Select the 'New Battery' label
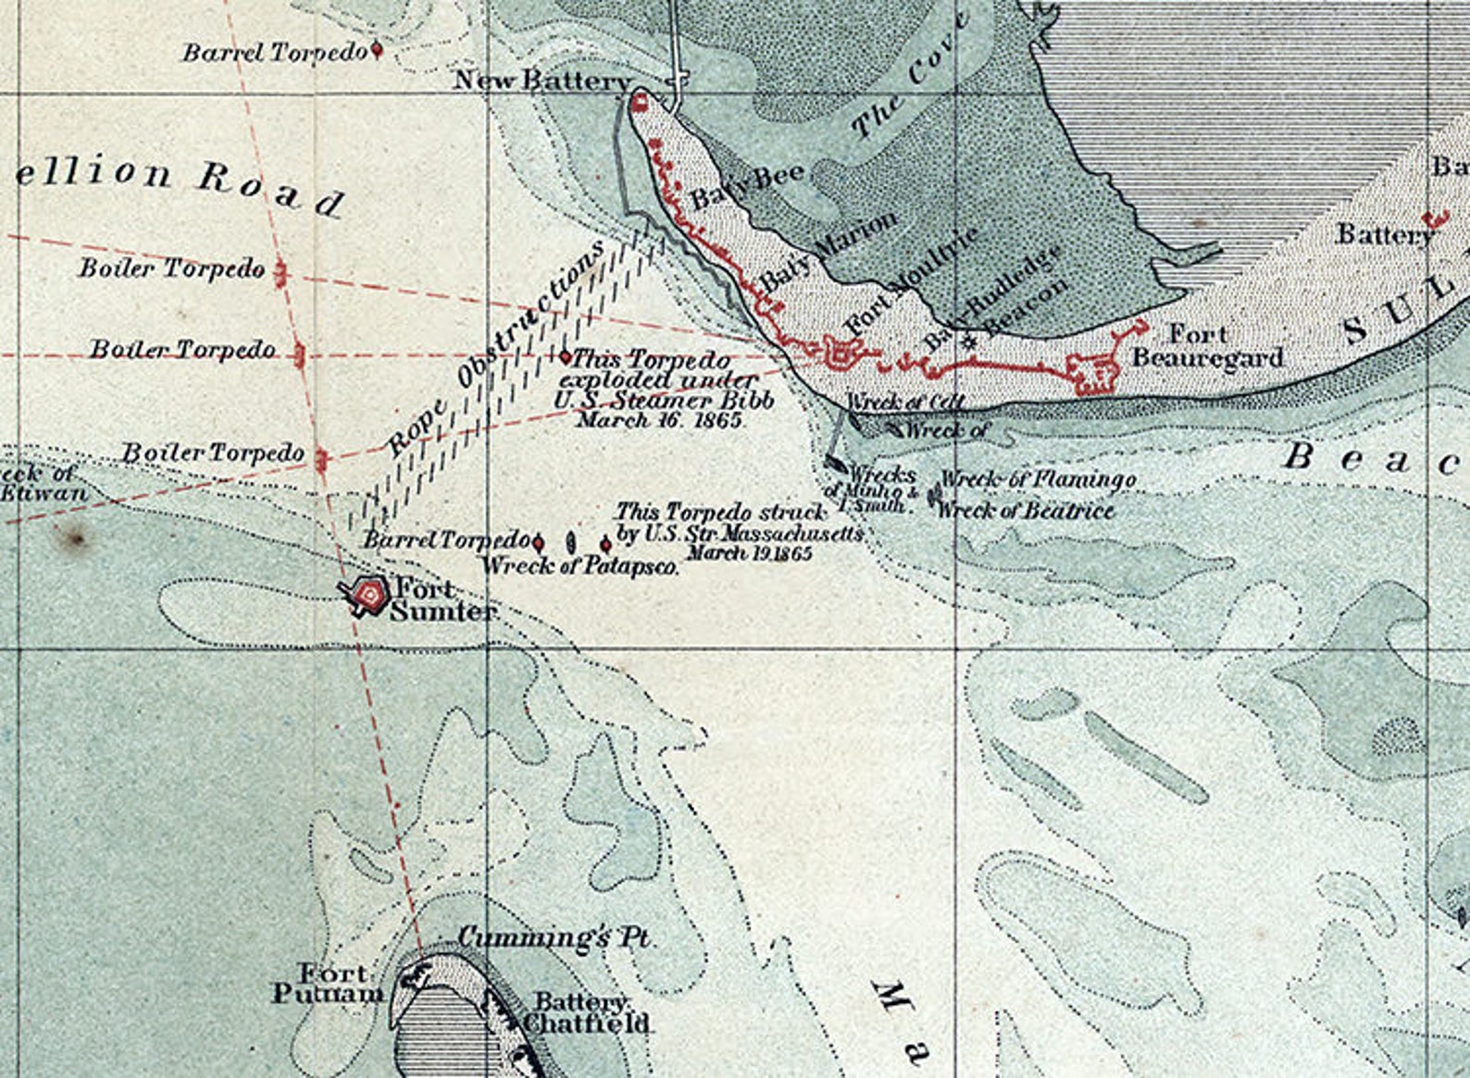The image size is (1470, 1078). [542, 81]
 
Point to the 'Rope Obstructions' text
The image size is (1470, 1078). [495, 347]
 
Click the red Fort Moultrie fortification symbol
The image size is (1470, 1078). [841, 352]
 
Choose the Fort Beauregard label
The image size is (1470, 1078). [1207, 345]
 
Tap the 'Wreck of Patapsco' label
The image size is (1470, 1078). [580, 565]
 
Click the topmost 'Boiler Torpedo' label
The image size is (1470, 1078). [172, 269]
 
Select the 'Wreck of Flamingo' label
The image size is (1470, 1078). [1038, 480]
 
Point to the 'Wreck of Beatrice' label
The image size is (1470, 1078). [1026, 510]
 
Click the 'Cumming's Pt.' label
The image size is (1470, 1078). [555, 938]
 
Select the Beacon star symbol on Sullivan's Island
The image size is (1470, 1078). [968, 341]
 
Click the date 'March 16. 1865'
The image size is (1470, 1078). [660, 420]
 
